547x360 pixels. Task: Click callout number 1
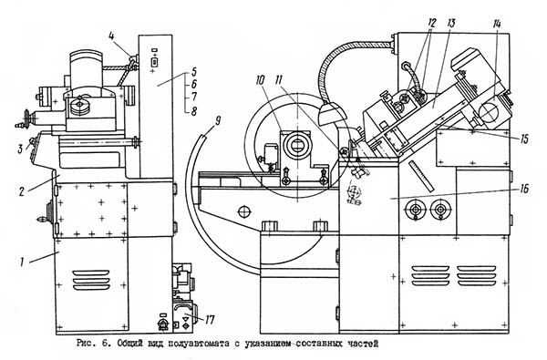coord(22,262)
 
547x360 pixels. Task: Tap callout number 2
coord(22,191)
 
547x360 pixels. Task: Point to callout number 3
coord(21,149)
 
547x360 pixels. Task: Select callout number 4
coord(111,36)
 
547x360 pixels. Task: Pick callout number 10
coord(260,80)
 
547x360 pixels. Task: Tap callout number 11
coord(279,80)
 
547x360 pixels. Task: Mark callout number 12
coord(431,24)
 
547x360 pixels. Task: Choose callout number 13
coord(451,24)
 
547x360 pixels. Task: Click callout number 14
coord(497,24)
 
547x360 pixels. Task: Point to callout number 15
coord(524,139)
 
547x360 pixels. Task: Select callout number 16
coord(524,189)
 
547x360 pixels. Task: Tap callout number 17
coord(210,320)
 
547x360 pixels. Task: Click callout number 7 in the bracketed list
coord(194,97)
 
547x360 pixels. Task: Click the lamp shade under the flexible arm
coord(332,114)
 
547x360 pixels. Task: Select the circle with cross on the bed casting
coord(244,211)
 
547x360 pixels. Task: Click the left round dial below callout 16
coord(416,210)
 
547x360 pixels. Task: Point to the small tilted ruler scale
coord(421,176)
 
